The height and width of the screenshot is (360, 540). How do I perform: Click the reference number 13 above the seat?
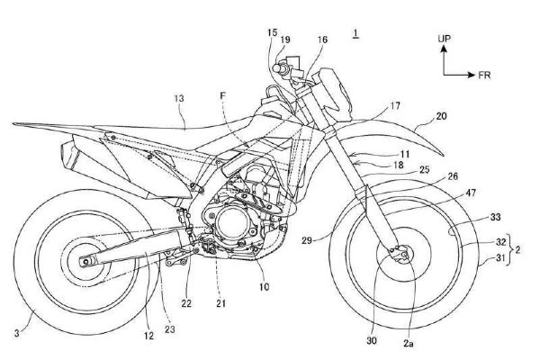point(179,98)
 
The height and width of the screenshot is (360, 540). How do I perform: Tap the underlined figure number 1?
point(355,33)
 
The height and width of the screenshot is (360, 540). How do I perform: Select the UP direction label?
point(444,39)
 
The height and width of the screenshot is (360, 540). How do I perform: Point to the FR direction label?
point(484,75)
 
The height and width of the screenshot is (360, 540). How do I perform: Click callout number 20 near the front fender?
point(441,116)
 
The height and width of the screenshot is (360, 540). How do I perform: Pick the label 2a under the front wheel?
point(409,343)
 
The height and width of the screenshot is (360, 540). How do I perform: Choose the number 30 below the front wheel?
point(372,340)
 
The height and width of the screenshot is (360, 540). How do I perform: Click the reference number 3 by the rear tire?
point(17,333)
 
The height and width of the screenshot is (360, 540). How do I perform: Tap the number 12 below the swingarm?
point(148,336)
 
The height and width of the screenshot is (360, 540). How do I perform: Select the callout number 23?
point(169,329)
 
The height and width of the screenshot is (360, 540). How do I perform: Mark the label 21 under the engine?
point(221,303)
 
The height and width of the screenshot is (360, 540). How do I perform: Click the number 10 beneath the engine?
point(264,286)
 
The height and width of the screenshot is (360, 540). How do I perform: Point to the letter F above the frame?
point(223,96)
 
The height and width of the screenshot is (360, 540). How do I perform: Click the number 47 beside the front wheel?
point(470,193)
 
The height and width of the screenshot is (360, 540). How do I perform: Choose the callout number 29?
point(307,240)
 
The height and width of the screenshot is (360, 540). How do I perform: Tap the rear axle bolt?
point(86,262)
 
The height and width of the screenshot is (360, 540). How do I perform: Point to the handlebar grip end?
point(276,67)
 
